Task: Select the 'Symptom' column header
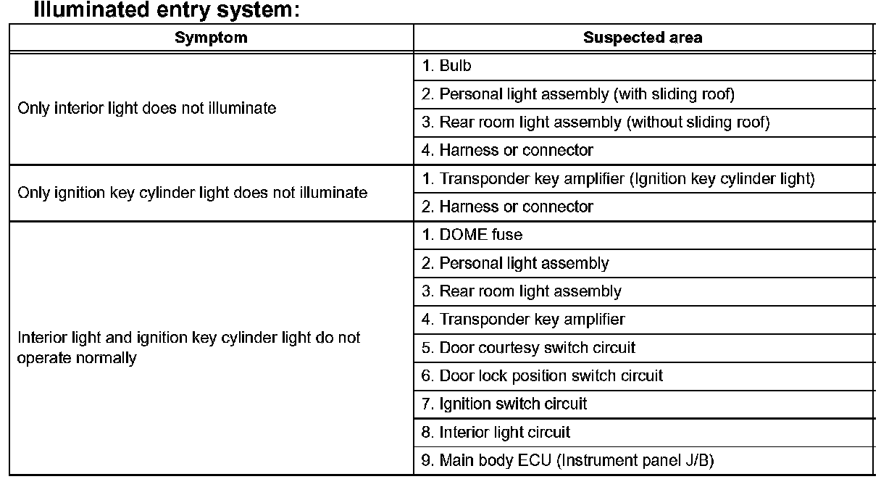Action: (211, 38)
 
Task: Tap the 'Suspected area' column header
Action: (642, 38)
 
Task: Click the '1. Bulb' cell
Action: (446, 66)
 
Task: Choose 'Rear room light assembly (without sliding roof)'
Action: (596, 122)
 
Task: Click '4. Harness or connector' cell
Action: (507, 151)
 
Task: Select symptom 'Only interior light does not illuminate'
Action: (147, 109)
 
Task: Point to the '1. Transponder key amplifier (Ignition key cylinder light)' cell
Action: (618, 179)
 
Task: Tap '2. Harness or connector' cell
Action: (507, 207)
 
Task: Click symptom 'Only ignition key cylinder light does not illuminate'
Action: (192, 193)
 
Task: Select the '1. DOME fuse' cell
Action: (472, 235)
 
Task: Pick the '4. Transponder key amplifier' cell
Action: (523, 320)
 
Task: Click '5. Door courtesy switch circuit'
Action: (528, 348)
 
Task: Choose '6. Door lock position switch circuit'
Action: (542, 376)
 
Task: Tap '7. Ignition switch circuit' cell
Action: (504, 404)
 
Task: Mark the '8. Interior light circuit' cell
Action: (496, 433)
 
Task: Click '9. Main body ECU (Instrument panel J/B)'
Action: (569, 460)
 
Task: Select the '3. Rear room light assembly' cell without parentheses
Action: (522, 291)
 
